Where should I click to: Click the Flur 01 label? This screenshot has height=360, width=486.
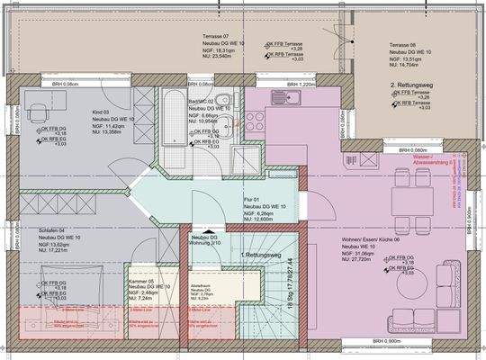point(251,200)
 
